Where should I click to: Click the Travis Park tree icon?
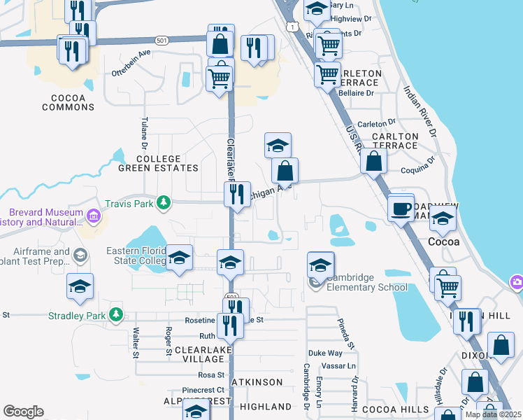[x=164, y=203]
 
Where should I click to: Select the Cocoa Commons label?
[x=68, y=102]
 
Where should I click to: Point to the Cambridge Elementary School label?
[x=365, y=282]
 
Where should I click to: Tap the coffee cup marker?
[x=401, y=209]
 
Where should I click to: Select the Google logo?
[x=23, y=412]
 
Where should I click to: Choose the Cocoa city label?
[x=444, y=241]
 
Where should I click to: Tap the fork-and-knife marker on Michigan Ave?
[x=237, y=195]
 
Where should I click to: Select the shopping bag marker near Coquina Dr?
[x=375, y=161]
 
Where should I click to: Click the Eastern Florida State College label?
[x=136, y=256]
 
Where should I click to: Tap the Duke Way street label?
[x=327, y=353]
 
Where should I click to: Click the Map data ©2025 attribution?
[x=493, y=414]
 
